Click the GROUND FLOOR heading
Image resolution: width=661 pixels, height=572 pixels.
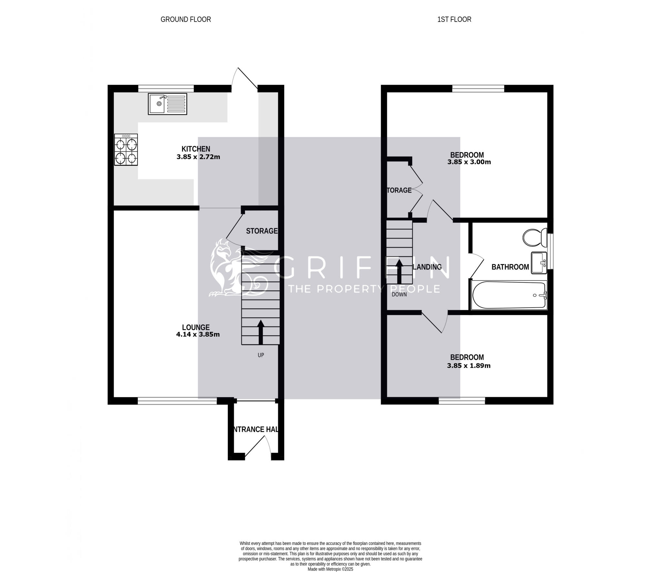186,19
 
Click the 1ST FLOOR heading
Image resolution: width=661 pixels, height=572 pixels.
454,19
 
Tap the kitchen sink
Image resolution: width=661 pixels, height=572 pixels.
167,104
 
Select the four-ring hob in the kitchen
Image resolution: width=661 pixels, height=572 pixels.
126,150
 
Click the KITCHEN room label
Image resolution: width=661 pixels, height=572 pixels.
196,149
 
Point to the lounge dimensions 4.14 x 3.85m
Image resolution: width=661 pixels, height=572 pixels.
198,334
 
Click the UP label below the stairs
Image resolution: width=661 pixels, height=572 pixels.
261,355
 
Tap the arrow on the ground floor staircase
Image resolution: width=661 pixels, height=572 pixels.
260,332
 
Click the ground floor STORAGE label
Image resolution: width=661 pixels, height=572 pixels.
262,231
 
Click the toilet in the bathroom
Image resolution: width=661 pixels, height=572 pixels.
534,238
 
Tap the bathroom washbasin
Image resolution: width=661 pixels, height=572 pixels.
539,263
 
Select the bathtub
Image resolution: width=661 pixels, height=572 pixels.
509,295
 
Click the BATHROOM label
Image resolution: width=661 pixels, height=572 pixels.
510,267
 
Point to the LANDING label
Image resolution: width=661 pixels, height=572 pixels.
427,267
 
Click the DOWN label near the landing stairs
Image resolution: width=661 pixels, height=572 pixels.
399,294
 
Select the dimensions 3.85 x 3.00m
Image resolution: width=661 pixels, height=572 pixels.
469,162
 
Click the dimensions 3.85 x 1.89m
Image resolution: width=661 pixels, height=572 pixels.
469,366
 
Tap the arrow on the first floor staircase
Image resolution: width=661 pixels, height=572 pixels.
399,271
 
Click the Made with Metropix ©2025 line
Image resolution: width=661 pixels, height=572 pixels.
330,569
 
